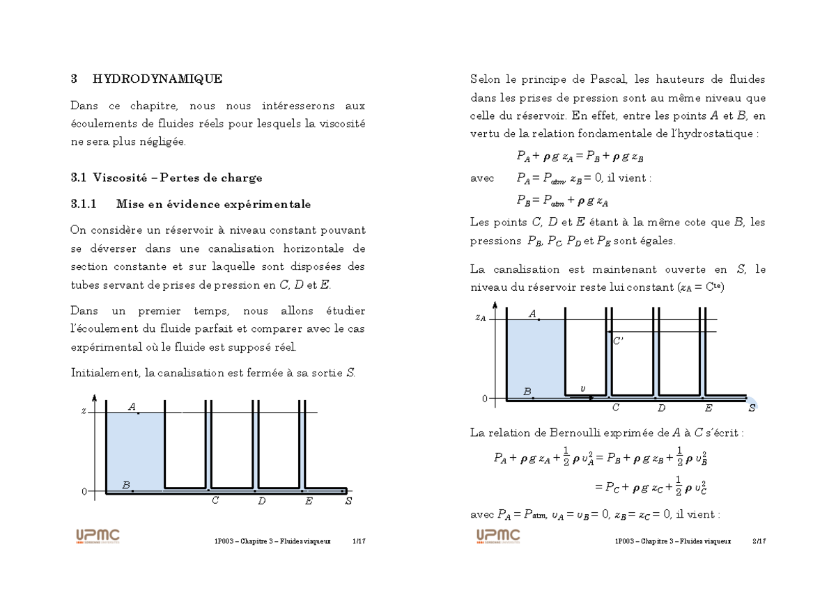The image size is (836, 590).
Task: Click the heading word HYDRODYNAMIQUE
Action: (x=157, y=79)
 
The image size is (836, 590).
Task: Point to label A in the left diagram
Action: (x=132, y=407)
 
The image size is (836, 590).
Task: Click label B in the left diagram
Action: (x=126, y=485)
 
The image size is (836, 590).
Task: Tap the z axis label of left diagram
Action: (x=84, y=411)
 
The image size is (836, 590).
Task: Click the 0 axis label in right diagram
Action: (x=484, y=399)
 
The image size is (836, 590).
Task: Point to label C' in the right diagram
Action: (x=618, y=340)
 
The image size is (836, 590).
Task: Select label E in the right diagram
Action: (x=709, y=408)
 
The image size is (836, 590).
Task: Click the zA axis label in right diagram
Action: (x=480, y=318)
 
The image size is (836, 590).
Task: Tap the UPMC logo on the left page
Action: (x=98, y=536)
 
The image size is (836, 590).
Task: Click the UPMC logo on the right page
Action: (x=498, y=536)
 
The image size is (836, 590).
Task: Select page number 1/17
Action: (x=359, y=541)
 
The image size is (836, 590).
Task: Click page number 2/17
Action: (x=759, y=541)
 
